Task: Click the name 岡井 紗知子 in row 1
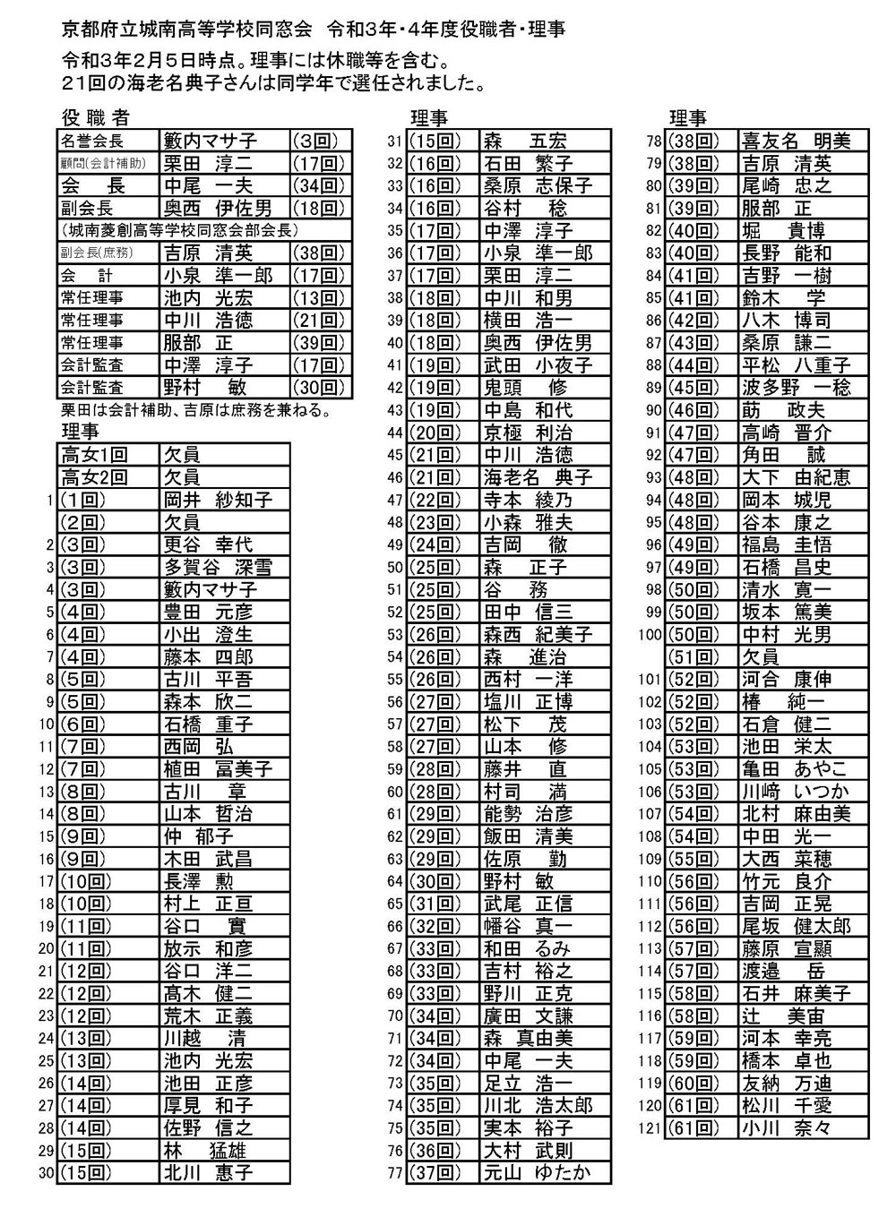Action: click(x=218, y=500)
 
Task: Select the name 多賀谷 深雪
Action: click(x=218, y=567)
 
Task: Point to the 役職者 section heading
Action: click(x=96, y=117)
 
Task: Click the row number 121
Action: click(x=650, y=1128)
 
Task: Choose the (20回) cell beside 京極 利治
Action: click(x=435, y=433)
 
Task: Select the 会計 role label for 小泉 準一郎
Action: click(x=87, y=275)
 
